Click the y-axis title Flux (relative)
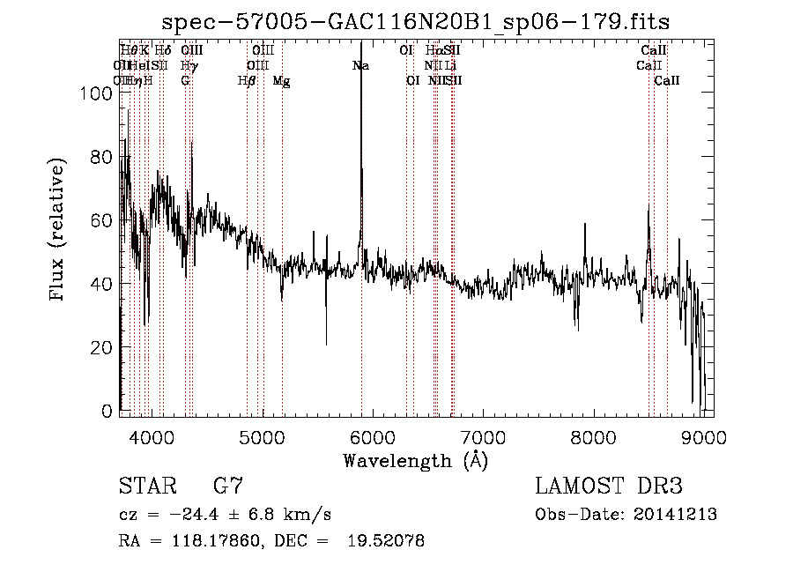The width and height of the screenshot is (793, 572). (x=59, y=231)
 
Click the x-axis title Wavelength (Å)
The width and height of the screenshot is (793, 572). (x=416, y=460)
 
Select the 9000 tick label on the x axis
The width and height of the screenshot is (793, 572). (x=704, y=437)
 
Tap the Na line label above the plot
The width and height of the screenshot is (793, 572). (x=360, y=65)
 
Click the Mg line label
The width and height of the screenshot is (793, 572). (x=281, y=80)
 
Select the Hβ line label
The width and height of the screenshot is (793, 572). (x=247, y=80)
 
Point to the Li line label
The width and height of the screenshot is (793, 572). (x=450, y=65)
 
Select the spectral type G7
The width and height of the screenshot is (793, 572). (x=227, y=486)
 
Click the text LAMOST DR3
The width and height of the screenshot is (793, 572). (x=608, y=486)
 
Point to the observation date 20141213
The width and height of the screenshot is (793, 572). (x=678, y=514)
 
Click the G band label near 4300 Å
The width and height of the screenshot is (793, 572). (x=185, y=80)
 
